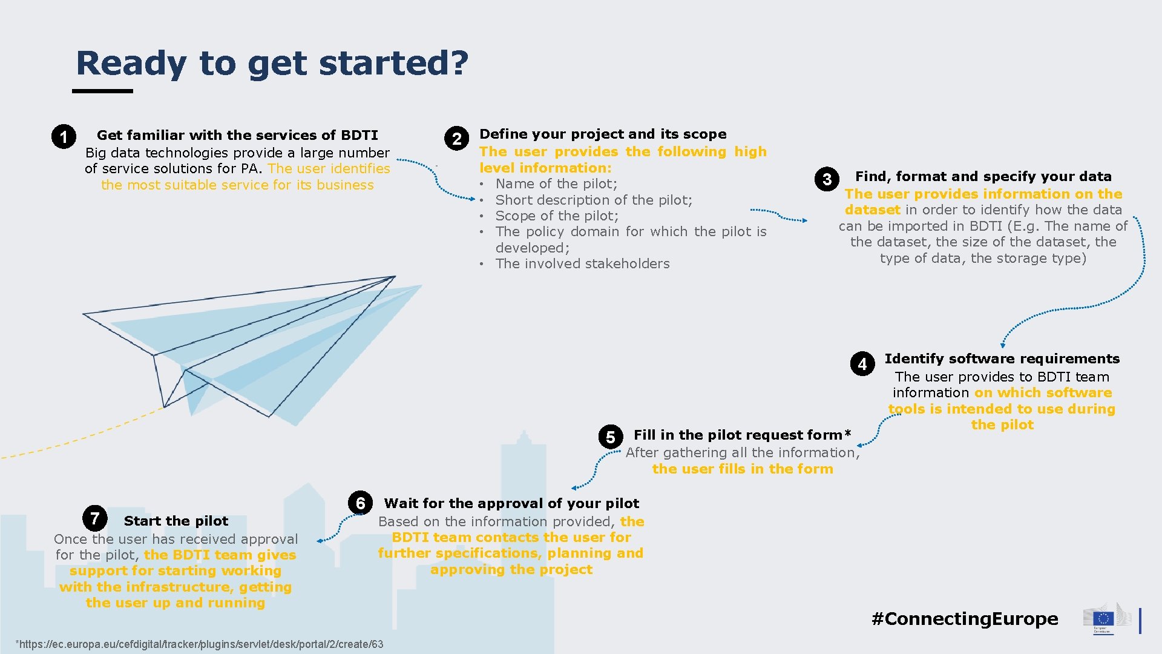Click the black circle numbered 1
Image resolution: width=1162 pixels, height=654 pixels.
64,137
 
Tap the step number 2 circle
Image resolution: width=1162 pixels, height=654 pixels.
456,139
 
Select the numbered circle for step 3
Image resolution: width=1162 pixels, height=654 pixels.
827,179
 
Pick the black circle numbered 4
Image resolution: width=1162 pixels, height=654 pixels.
862,364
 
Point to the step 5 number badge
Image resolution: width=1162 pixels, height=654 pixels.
610,437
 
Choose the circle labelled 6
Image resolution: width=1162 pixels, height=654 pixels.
360,503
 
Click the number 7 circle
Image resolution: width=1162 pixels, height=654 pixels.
95,518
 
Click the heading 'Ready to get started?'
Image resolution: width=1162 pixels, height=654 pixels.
272,63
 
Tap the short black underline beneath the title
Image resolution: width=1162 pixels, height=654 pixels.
102,91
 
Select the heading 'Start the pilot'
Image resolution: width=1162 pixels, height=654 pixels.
176,521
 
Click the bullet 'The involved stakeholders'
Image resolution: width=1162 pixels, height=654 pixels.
582,263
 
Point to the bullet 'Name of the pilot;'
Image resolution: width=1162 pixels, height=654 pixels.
556,183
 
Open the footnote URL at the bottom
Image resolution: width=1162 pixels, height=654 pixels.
200,644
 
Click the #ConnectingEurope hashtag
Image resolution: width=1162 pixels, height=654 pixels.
965,618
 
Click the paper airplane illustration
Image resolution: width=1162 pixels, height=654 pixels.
254,345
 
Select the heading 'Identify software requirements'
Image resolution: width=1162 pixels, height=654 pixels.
1002,358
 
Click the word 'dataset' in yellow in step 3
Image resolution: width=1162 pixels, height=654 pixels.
873,210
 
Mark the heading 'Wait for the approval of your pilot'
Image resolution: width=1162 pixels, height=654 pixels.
511,503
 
